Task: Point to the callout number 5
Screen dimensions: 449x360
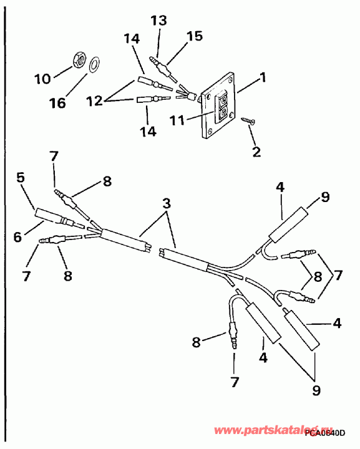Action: [x=21, y=178]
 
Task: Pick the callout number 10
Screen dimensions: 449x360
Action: [x=42, y=79]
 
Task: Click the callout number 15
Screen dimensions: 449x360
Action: [x=195, y=36]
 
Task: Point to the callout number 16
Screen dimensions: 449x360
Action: [x=57, y=103]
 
